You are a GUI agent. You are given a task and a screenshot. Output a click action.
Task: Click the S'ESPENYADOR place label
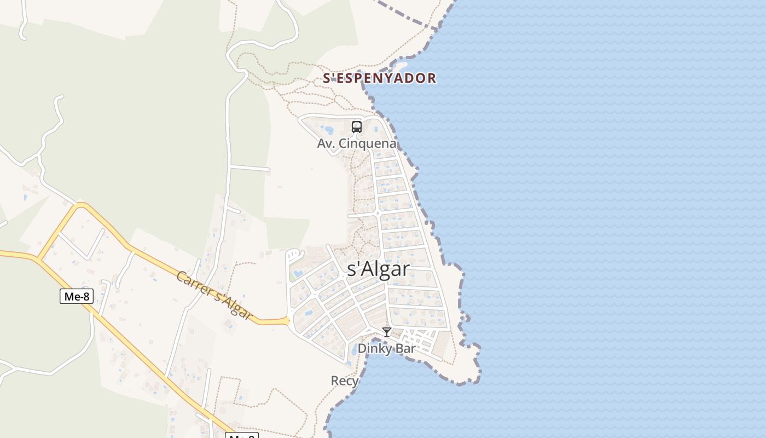(379, 78)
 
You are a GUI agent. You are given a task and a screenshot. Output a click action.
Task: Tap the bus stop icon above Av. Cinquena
(357, 127)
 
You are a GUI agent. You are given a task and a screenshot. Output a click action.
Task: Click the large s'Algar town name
(379, 269)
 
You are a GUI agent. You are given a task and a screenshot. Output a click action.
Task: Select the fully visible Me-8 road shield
(77, 296)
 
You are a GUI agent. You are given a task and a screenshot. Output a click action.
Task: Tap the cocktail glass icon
(387, 332)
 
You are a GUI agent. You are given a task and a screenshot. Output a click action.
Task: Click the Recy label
(345, 381)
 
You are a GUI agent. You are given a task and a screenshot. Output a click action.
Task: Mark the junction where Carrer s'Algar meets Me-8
(38, 257)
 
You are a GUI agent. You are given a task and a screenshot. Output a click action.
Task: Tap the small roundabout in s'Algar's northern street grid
(378, 213)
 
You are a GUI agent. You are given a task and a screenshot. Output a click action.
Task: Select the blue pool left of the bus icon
(328, 130)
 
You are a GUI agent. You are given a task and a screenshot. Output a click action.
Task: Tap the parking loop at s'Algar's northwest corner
(294, 255)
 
